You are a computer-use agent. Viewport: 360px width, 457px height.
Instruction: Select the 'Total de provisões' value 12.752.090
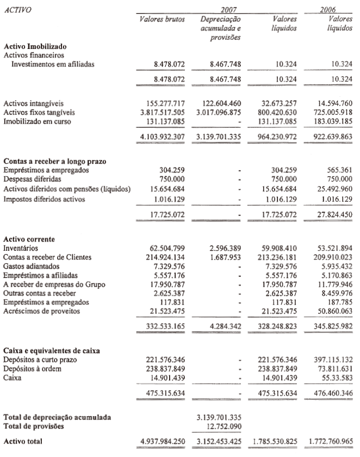tap(223, 426)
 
